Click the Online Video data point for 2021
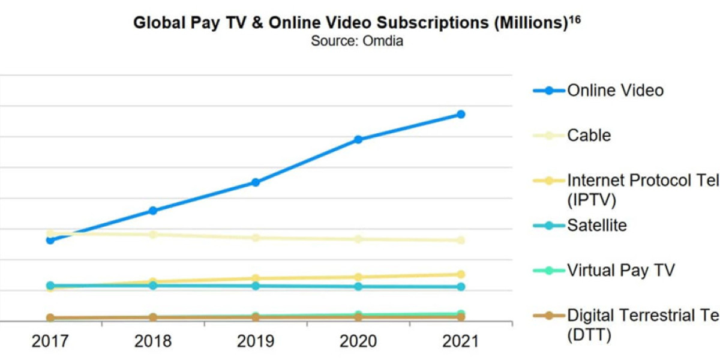[x=461, y=114]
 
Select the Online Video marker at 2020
[x=358, y=139]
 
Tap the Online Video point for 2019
[x=256, y=182]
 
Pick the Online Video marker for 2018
[x=153, y=211]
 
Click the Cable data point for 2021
[x=461, y=240]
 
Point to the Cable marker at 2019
[x=256, y=238]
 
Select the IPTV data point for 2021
[x=461, y=274]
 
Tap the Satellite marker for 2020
[x=358, y=286]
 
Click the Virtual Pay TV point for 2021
[x=461, y=314]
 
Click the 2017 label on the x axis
[x=50, y=341]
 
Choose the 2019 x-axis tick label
[x=256, y=341]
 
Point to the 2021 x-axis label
[x=461, y=341]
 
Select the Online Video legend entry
[x=615, y=91]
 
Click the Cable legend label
[x=589, y=136]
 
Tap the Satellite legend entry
[x=596, y=226]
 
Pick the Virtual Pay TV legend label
[x=620, y=271]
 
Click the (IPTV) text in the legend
[x=592, y=200]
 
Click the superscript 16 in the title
[x=575, y=19]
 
